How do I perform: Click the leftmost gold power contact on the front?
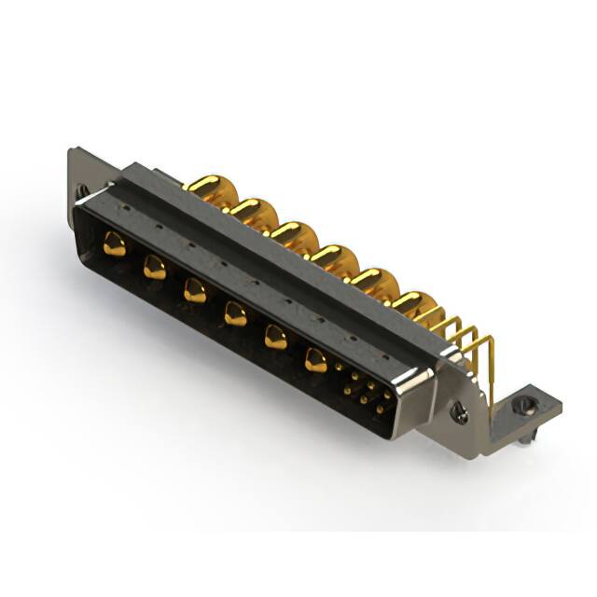click(x=114, y=245)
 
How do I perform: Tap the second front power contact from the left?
click(x=154, y=269)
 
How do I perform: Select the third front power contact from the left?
click(x=194, y=291)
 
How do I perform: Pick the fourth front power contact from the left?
click(x=235, y=314)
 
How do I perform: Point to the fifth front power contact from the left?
click(x=275, y=337)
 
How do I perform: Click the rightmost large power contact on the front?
click(x=316, y=359)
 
